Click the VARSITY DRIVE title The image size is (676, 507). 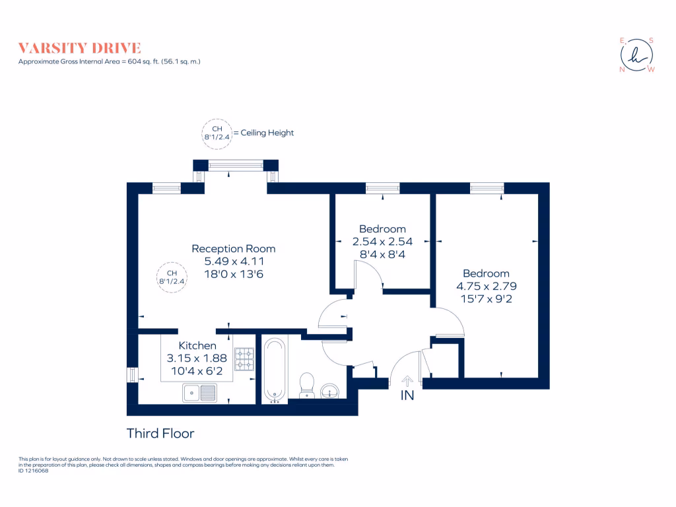click(79, 48)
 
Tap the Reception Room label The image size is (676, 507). click(233, 249)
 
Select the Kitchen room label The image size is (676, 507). click(197, 346)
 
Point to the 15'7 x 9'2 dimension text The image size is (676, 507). click(486, 298)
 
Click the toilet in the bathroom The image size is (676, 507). click(307, 386)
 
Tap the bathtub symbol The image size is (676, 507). click(275, 370)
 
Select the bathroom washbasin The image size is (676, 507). click(329, 391)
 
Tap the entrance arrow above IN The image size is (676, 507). click(407, 380)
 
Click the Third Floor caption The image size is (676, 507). click(160, 434)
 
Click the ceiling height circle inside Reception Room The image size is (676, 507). click(172, 277)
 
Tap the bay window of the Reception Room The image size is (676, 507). click(236, 165)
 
